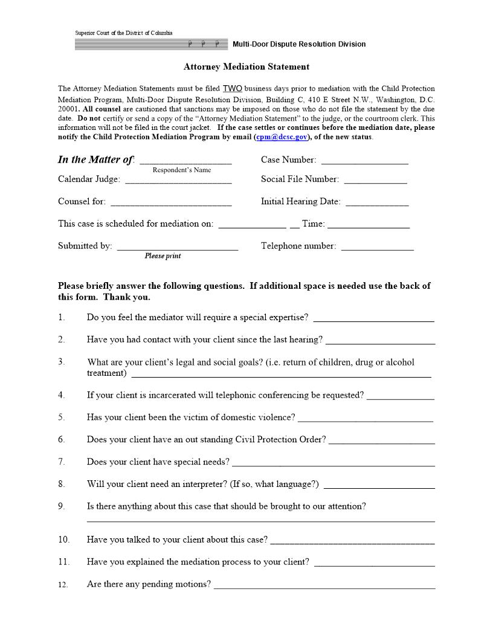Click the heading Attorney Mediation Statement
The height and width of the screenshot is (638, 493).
[246, 67]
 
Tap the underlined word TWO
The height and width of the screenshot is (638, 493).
[232, 88]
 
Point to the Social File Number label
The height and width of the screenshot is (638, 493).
[300, 179]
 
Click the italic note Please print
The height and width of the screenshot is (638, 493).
[163, 256]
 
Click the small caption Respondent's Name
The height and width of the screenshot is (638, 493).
[182, 170]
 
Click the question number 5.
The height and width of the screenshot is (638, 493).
[62, 417]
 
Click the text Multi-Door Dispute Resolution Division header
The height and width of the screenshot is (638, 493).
[299, 44]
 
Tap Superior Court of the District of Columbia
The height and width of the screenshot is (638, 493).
[124, 33]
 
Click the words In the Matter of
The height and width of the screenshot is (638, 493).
[95, 160]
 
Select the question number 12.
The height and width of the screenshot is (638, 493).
[63, 585]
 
